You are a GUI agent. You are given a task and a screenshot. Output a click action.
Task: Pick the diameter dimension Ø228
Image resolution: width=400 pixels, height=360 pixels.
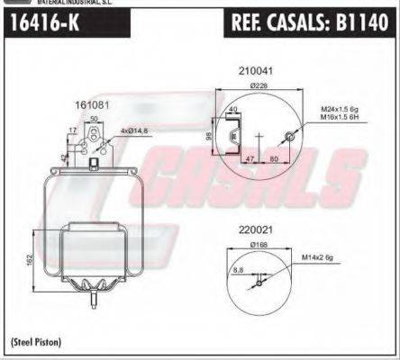(x=258, y=87)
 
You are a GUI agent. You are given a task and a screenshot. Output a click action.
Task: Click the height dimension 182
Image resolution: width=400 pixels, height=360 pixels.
(x=31, y=260)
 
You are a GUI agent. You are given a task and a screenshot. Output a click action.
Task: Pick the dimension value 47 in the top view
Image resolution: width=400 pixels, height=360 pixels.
(x=247, y=157)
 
